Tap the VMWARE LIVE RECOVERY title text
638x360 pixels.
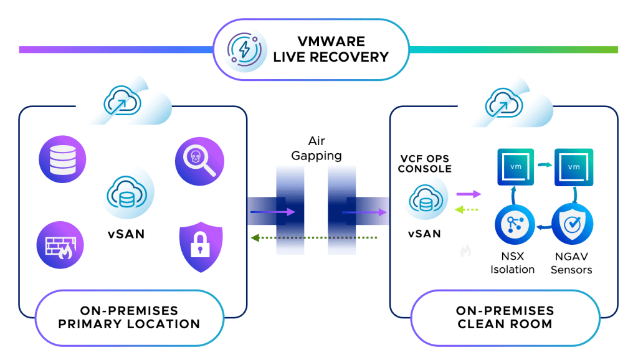331,49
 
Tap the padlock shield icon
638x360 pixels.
200,245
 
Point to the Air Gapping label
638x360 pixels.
317,148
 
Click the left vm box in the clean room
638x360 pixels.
515,167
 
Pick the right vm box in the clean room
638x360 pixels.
573,167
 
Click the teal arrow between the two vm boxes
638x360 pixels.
544,165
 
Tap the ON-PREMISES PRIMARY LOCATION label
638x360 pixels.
130,317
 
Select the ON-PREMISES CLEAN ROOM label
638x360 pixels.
504,317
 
